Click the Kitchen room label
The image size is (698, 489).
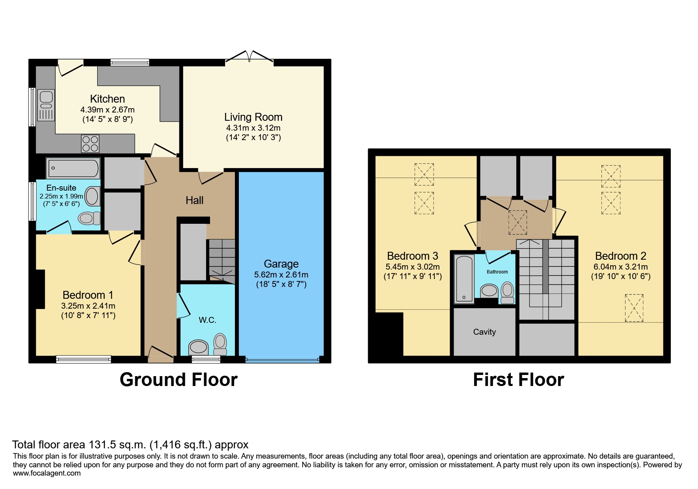point(107,99)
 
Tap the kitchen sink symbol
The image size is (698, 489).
point(46,105)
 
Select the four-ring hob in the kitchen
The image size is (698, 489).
point(90,144)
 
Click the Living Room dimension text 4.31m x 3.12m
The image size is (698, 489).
point(253,128)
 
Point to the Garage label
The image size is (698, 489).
point(281,264)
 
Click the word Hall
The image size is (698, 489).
point(194,200)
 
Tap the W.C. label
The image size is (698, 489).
point(207,320)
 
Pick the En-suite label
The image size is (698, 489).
point(61,188)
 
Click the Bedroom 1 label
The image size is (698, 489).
point(88,295)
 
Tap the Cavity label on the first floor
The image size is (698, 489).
point(484,332)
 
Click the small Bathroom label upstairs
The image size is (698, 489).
point(497,272)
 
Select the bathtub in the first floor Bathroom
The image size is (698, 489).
point(464,279)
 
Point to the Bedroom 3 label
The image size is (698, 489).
point(412,256)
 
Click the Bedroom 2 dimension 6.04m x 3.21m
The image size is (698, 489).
point(620,267)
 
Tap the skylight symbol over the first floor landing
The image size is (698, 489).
point(517,222)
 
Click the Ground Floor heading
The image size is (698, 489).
point(179,380)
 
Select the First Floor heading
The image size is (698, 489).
point(518,380)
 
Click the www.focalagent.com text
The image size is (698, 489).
point(47,473)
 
